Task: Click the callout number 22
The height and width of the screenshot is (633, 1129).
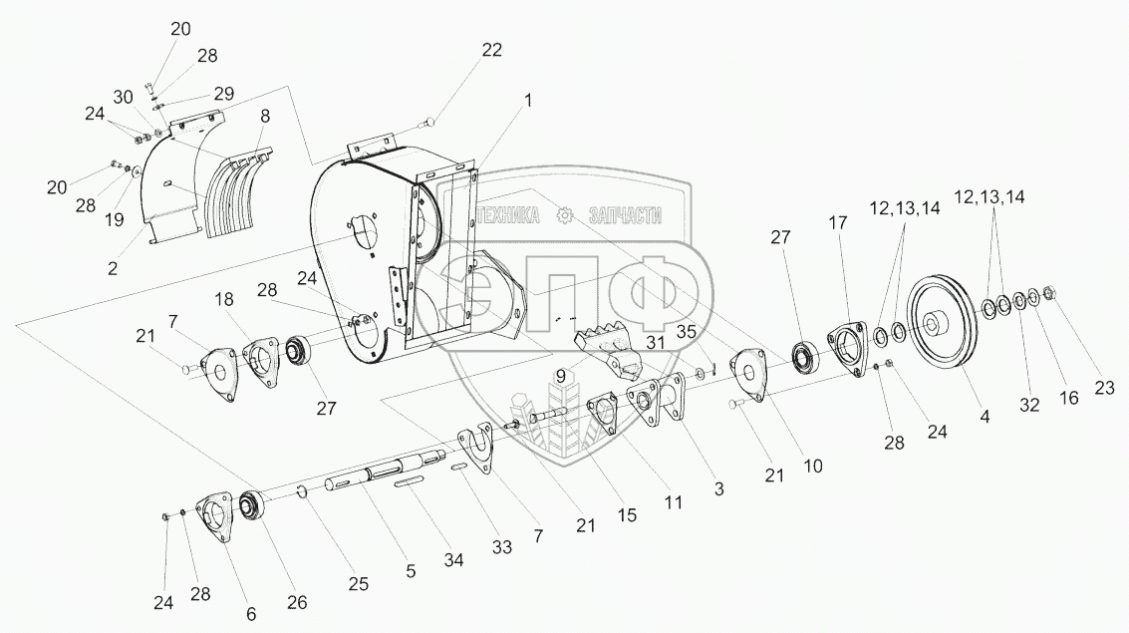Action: click(492, 51)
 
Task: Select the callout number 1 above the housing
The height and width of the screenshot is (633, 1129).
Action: click(528, 101)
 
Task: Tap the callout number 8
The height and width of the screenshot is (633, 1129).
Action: click(265, 116)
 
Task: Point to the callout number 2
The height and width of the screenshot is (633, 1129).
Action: click(113, 268)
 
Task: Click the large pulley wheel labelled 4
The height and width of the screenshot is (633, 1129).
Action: click(943, 320)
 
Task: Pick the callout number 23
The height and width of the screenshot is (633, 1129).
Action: click(1104, 389)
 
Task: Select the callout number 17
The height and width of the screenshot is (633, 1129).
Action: click(838, 223)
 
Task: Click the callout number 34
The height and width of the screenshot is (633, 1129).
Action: click(453, 559)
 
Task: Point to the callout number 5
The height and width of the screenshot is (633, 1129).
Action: click(411, 571)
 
